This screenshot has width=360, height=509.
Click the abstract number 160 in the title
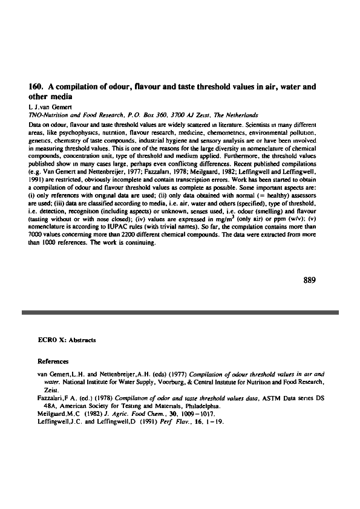point(36,87)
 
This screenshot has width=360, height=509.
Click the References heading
point(53,361)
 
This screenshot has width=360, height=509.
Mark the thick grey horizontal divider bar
point(180,312)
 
